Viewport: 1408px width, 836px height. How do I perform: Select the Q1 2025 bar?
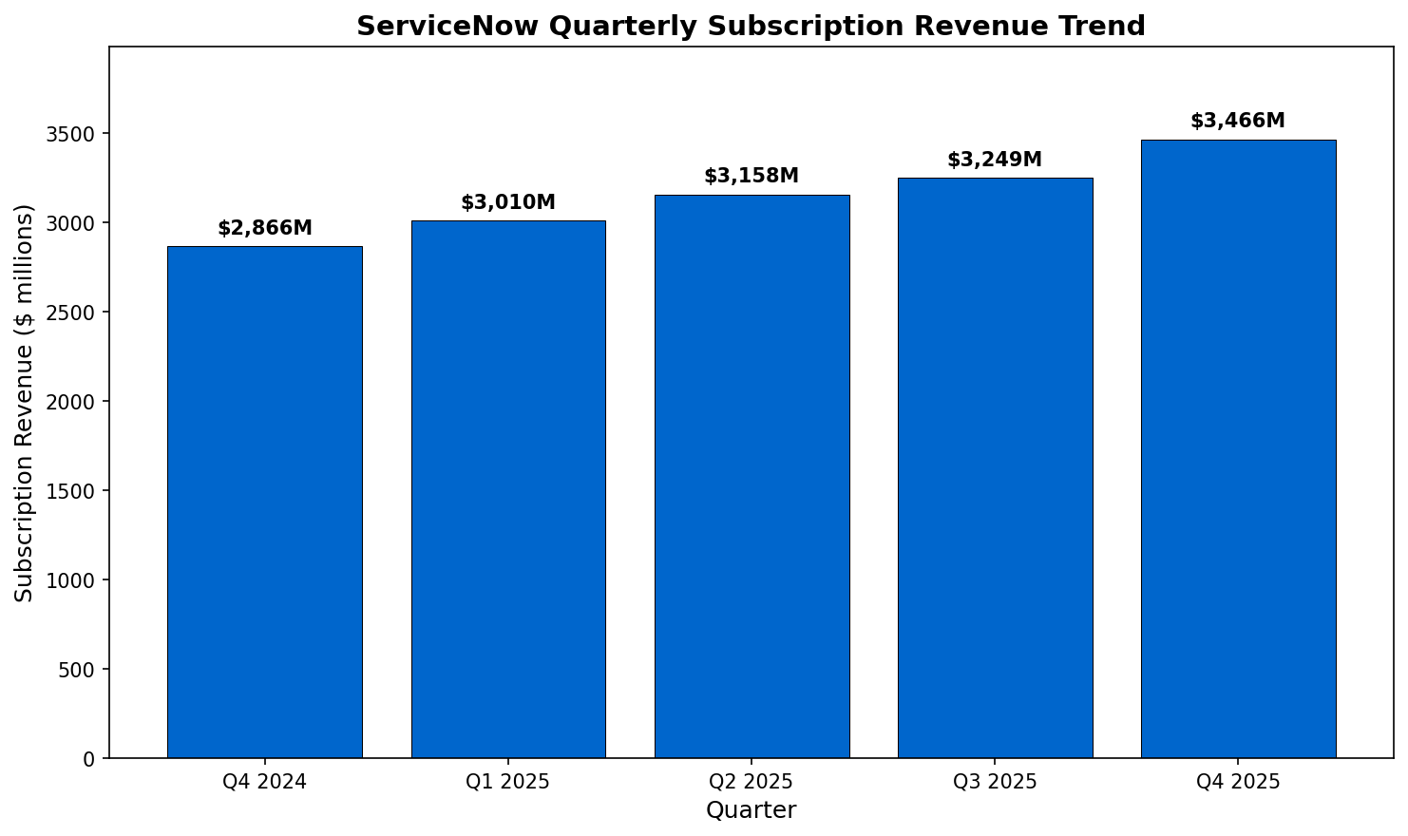coord(508,489)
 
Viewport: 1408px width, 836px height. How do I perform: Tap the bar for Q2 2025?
coord(752,476)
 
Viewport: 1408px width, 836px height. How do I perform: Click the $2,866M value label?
coord(265,229)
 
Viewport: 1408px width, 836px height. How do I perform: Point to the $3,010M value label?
coord(508,203)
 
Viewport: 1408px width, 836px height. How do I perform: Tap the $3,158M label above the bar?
coord(752,177)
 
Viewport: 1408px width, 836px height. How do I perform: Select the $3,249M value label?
coord(995,161)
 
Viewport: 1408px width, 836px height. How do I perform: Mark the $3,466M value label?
coord(1238,122)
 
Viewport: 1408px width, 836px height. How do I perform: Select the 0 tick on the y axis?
coord(90,759)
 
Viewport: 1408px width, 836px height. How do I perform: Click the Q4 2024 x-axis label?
coord(265,783)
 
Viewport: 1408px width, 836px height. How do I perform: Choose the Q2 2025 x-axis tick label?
coord(752,783)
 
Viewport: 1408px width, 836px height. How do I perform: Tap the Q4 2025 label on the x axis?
coord(1238,783)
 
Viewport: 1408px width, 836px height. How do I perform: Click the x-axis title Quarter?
coord(751,810)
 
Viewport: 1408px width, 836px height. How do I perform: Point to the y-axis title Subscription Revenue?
coord(25,403)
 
